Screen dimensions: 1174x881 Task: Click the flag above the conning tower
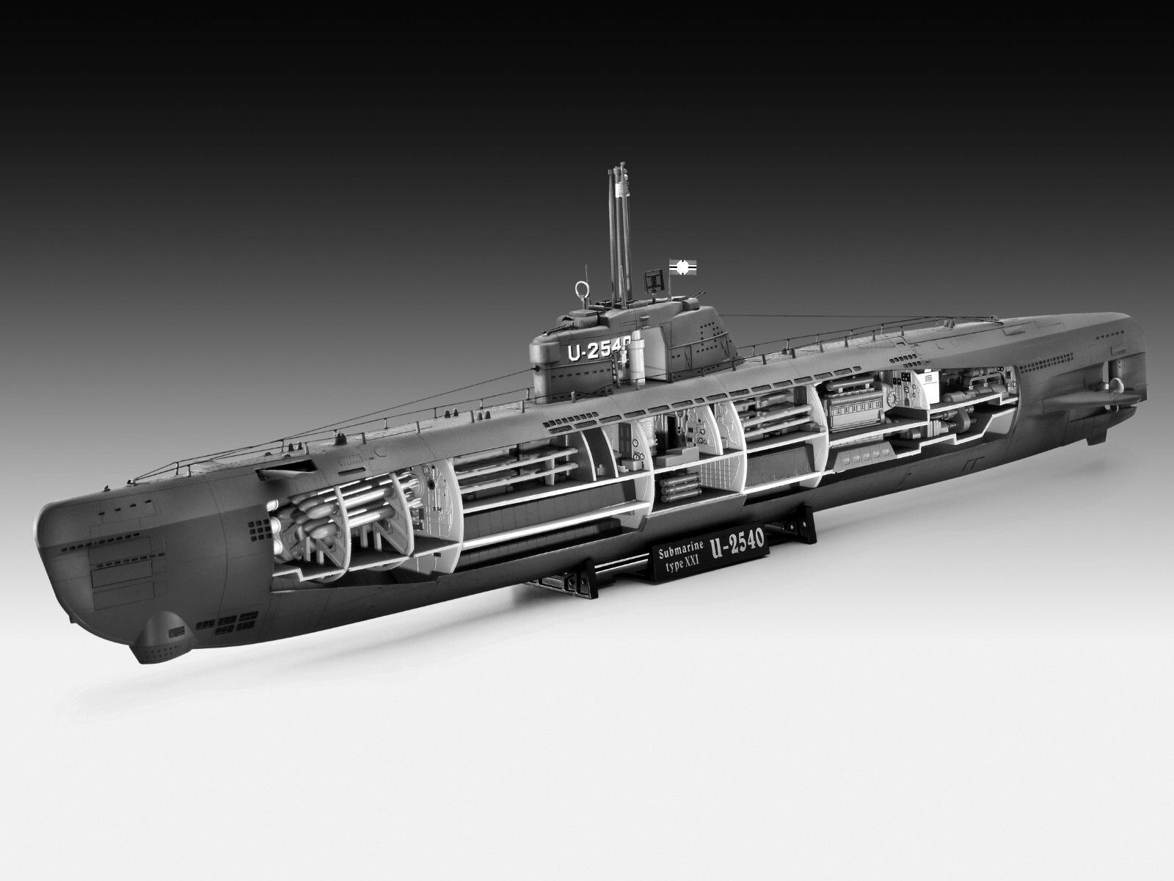tap(682, 265)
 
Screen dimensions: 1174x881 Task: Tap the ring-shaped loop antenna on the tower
tap(580, 289)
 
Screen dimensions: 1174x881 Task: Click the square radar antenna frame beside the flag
tap(652, 280)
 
